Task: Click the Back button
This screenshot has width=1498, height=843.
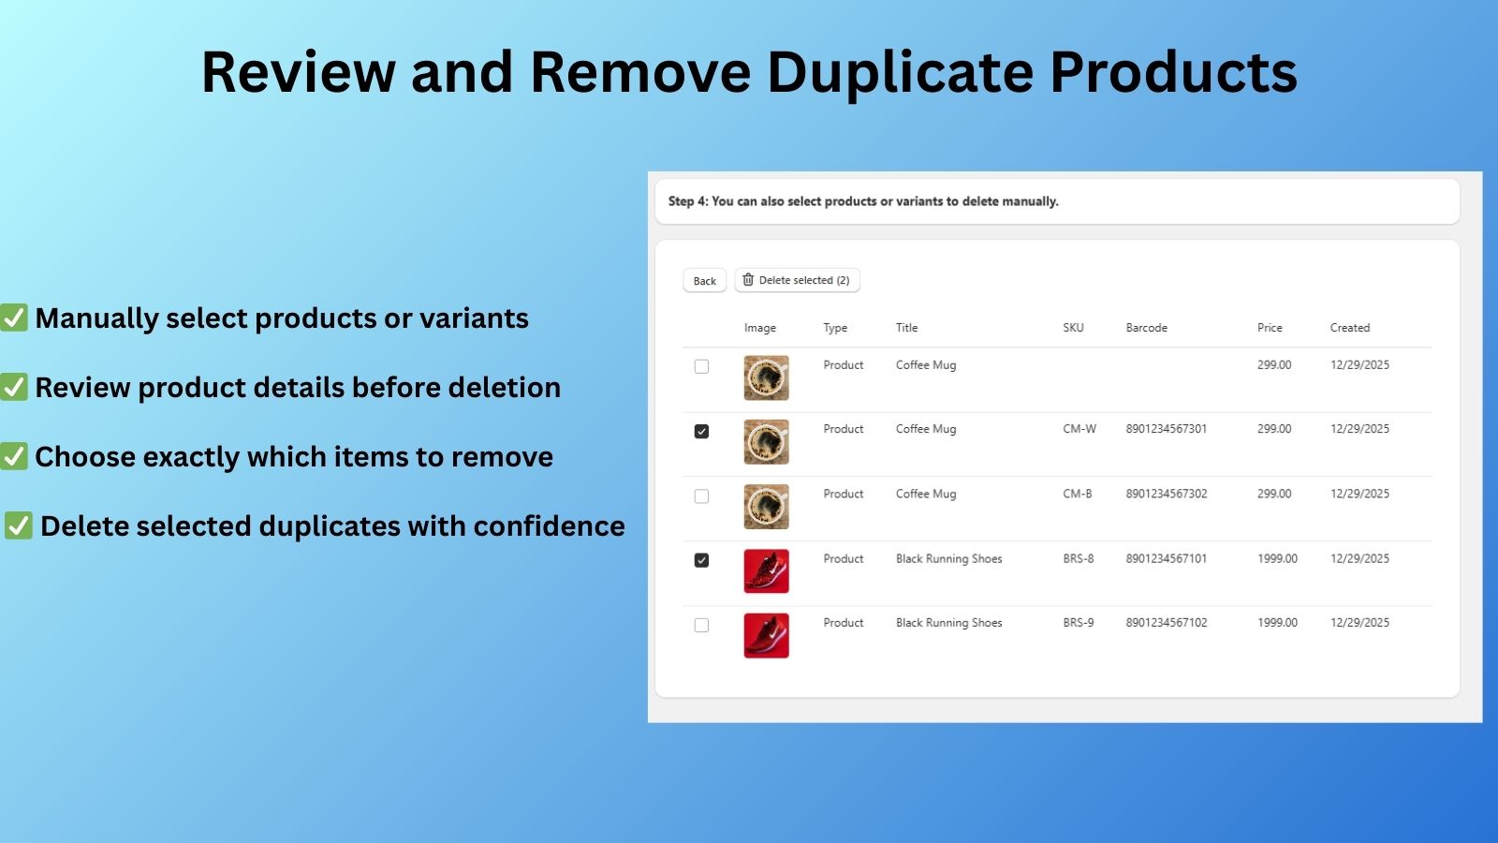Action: coord(704,281)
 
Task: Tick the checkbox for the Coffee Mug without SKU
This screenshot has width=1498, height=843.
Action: coord(701,367)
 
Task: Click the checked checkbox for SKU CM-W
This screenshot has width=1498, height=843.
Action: coord(701,432)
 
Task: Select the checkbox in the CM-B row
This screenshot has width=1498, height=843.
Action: coord(701,496)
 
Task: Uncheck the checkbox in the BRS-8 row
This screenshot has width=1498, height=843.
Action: coord(701,560)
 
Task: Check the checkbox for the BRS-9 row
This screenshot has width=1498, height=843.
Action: coord(701,625)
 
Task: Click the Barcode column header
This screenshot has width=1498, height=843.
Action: coord(1146,328)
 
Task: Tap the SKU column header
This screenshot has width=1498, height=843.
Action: coord(1073,328)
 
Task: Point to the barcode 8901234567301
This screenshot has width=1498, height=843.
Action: coord(1166,429)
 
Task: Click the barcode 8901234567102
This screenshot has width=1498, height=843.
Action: coord(1166,623)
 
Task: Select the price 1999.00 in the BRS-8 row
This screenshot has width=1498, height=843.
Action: coord(1277,559)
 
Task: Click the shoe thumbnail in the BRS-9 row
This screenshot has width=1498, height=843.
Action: coord(766,635)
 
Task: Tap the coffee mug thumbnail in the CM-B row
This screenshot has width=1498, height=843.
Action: coord(766,507)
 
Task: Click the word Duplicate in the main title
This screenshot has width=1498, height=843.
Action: coord(900,72)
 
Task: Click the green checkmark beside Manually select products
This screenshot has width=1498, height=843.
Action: coord(14,318)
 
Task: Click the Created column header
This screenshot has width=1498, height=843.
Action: coord(1349,328)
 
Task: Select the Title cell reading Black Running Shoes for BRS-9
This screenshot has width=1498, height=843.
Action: coord(948,623)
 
